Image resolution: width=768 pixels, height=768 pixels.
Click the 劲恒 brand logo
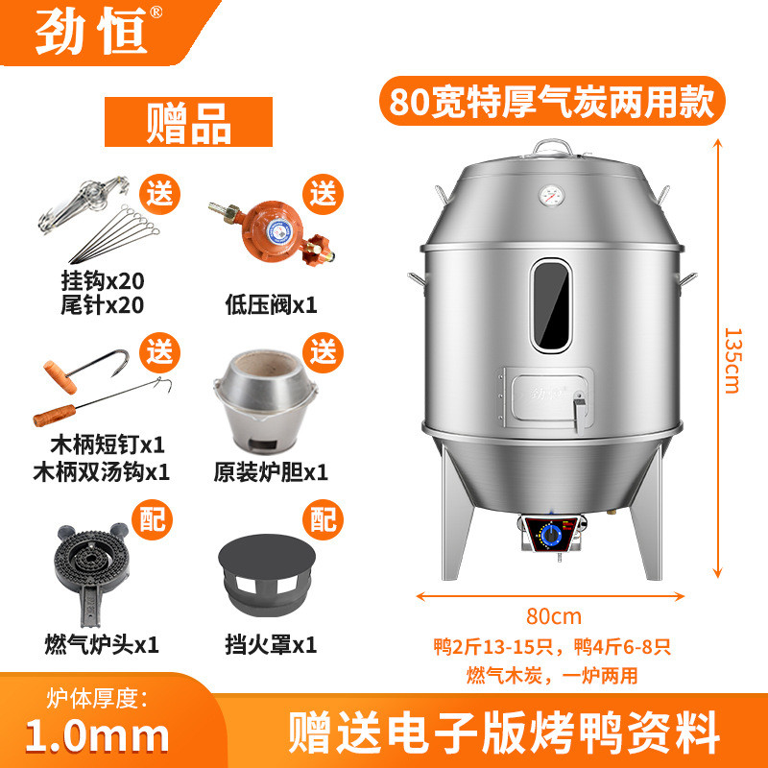click(91, 34)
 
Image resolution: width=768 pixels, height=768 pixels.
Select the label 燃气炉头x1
click(101, 642)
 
